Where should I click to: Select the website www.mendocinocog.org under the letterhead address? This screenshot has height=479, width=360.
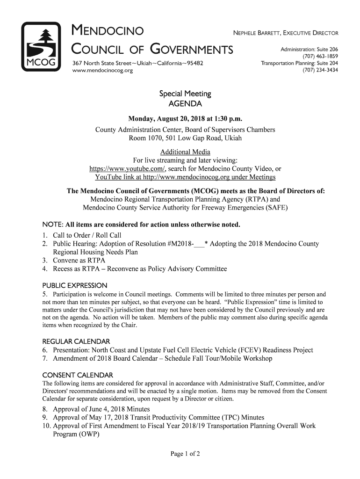102,71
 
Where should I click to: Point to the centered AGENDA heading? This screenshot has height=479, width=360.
186,103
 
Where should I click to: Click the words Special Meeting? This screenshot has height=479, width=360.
186,94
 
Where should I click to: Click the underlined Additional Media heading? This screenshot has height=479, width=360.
185,152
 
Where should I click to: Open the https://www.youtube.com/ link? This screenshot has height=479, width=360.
127,169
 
